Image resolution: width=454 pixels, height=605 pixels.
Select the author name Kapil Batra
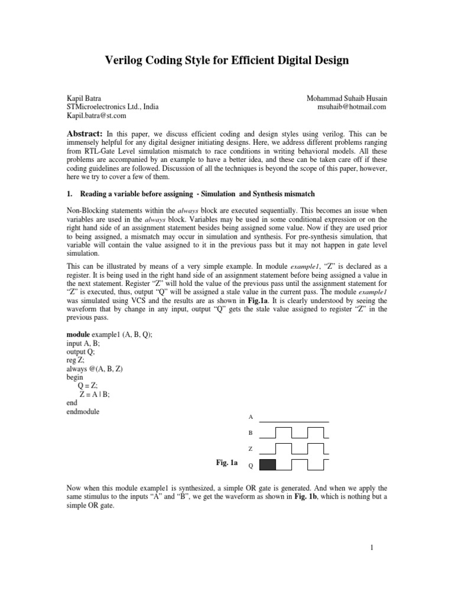tap(83, 97)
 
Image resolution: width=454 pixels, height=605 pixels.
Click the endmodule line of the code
tap(83, 412)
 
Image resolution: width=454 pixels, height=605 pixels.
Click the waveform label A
tap(250, 417)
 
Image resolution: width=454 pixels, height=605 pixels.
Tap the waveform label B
tap(250, 433)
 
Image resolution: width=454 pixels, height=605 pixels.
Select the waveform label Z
tap(250, 450)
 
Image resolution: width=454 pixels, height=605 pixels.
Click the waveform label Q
tap(250, 466)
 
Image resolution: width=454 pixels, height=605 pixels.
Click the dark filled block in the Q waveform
tap(268, 464)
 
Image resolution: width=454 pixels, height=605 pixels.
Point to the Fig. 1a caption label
tap(227, 463)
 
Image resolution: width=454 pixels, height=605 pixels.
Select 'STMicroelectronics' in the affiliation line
tap(94, 107)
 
